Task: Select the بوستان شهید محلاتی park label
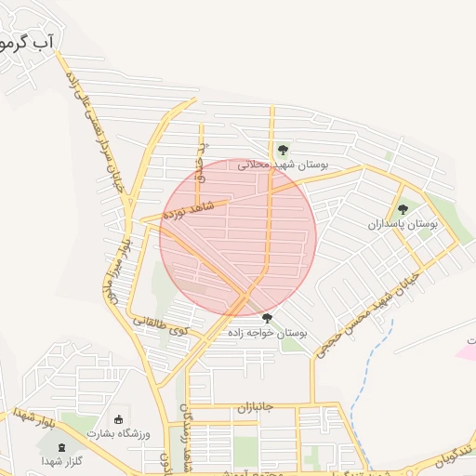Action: point(284,165)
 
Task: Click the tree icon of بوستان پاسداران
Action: point(403,209)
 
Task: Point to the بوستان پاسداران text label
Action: point(402,225)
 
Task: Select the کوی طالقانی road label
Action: point(159,325)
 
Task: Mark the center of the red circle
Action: point(238,237)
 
